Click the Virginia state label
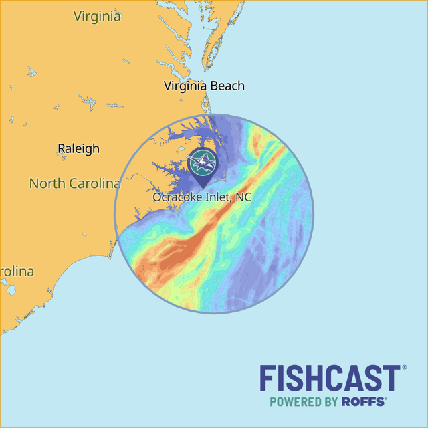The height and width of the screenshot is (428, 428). pos(97,16)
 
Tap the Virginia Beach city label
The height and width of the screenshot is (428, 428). pos(204,86)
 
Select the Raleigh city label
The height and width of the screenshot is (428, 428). pos(78,148)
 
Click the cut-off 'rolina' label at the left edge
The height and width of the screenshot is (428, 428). pos(17,272)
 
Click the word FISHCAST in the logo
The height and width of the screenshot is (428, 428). pos(329,379)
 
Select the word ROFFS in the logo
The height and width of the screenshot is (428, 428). pos(363,402)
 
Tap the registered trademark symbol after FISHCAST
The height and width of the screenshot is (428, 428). pos(403,368)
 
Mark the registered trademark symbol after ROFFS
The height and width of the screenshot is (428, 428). pos(386,399)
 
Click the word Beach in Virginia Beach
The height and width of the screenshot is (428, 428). pos(227,86)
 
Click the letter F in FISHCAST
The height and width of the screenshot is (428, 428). pos(267,379)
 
